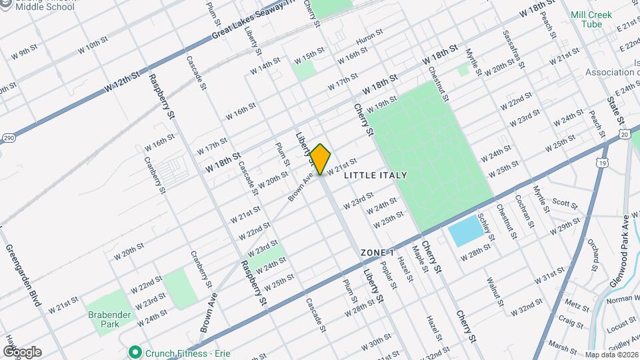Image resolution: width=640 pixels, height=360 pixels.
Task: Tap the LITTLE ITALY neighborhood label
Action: (x=375, y=175)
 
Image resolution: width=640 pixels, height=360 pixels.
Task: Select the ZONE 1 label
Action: (x=378, y=253)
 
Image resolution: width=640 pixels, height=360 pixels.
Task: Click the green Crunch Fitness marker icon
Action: (x=135, y=351)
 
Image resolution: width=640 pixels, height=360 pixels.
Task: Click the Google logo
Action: (x=22, y=352)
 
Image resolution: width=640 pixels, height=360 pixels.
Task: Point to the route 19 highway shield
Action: (x=603, y=163)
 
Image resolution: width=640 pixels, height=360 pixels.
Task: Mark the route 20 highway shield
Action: (x=623, y=135)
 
